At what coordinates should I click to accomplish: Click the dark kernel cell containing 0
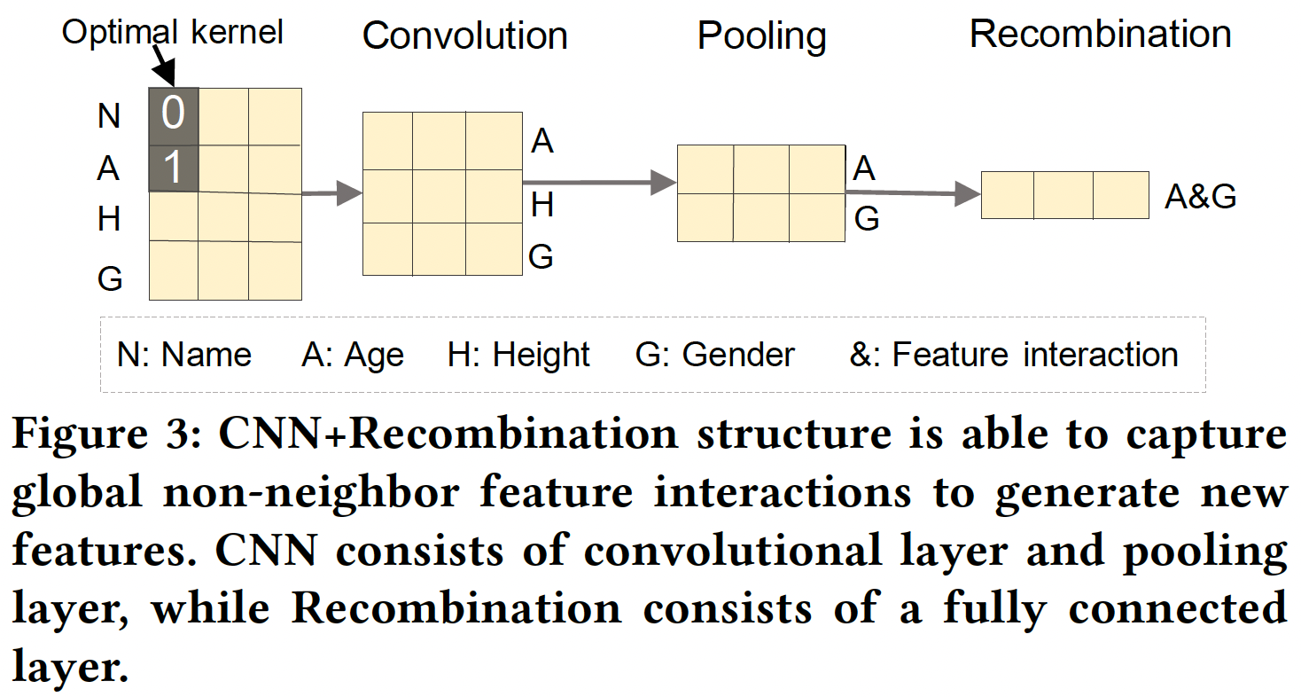click(x=173, y=115)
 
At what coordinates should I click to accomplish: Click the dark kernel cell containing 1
click(x=173, y=168)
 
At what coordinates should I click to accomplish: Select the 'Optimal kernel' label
click(x=172, y=33)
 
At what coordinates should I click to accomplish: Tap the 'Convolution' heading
click(x=464, y=35)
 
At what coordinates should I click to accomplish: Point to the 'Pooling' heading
click(x=761, y=35)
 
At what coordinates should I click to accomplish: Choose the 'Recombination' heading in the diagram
click(x=1100, y=34)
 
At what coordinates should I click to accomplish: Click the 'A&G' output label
click(x=1200, y=197)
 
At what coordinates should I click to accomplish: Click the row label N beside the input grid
click(x=108, y=116)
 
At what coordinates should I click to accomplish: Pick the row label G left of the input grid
click(x=109, y=278)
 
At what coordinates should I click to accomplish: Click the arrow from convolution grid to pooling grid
click(x=599, y=183)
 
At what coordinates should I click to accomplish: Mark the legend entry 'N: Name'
click(x=184, y=355)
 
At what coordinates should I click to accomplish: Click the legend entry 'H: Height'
click(x=518, y=355)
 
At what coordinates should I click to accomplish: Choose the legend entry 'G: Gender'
click(x=714, y=355)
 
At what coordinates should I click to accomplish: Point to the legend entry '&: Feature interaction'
click(x=1014, y=355)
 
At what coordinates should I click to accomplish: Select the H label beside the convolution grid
click(x=541, y=205)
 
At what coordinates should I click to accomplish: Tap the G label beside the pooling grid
click(x=866, y=218)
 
